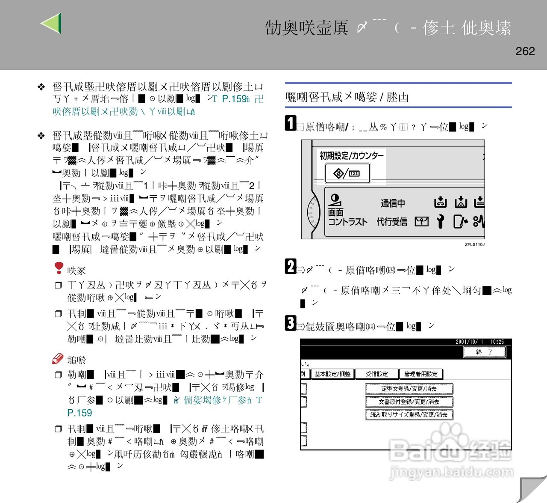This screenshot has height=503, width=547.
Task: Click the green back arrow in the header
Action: (x=52, y=23)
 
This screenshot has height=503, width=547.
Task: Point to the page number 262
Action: (x=525, y=51)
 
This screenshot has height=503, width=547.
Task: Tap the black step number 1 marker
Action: (x=290, y=123)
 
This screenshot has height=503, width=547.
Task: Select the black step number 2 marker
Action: (x=290, y=266)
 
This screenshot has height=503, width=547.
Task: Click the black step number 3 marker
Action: (x=290, y=323)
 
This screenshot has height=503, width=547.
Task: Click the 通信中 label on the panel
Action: (x=393, y=203)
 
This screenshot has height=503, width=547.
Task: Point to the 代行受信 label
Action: (x=391, y=222)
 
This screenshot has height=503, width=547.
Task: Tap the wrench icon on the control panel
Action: (x=440, y=221)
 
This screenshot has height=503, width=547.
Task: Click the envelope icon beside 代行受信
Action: (x=421, y=221)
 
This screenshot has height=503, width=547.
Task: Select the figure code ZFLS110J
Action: (x=474, y=244)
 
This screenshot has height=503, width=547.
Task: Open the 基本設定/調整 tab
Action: (x=332, y=374)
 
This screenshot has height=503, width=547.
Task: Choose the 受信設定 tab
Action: (x=376, y=374)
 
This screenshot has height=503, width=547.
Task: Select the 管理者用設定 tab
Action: (x=421, y=374)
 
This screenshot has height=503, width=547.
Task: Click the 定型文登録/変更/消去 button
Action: (x=409, y=389)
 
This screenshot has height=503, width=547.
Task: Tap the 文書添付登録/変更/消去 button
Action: (x=409, y=402)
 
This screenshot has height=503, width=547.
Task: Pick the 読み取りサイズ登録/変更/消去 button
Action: (x=409, y=414)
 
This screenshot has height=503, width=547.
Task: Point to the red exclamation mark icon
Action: (x=59, y=268)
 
